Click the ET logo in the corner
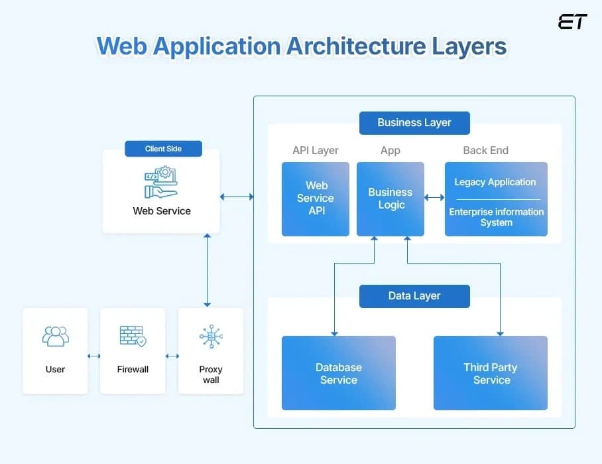572,22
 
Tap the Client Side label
163,149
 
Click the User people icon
55,336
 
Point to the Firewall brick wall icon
133,336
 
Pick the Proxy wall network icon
211,337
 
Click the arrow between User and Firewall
93,356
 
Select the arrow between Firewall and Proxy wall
172,356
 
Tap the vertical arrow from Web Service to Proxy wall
208,270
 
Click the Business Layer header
414,123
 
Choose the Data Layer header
414,296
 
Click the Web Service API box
316,198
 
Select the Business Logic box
391,198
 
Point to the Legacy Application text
495,182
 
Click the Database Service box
338,373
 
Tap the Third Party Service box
491,373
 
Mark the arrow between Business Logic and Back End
434,197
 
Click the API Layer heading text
316,150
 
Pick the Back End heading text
485,150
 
